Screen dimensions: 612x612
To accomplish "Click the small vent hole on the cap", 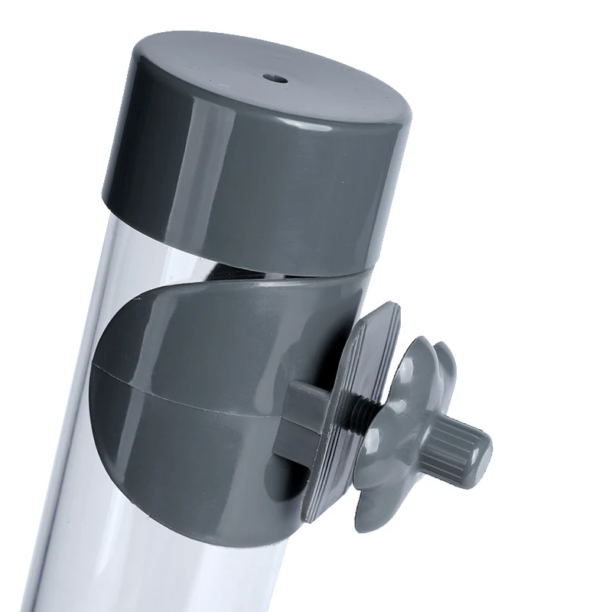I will pos(274,77).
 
